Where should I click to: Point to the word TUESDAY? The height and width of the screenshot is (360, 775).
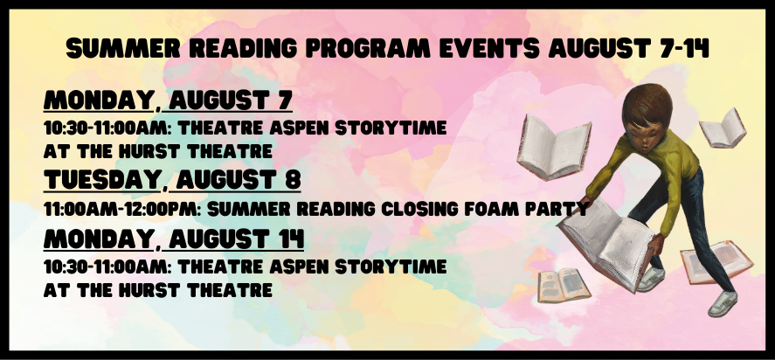[x=101, y=179]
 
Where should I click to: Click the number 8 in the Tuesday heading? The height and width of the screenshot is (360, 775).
[x=293, y=179]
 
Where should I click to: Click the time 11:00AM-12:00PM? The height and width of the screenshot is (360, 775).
[x=122, y=209]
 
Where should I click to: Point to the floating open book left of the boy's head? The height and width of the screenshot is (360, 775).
[x=554, y=147]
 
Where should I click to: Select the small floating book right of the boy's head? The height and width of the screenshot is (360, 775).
[x=723, y=128]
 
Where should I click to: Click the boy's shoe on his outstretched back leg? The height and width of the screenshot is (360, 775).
[x=722, y=303]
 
